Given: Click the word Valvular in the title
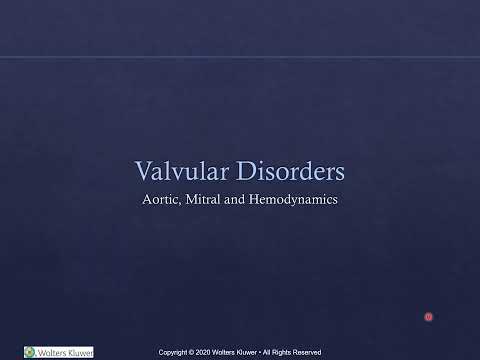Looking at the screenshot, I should [177, 171].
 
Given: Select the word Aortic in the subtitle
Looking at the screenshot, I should [164, 198].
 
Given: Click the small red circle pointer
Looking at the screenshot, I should [428, 317].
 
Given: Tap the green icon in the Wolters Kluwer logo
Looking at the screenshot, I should [29, 352].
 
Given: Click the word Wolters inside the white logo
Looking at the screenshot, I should [50, 352].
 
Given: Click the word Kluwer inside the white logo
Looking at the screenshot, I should [78, 352].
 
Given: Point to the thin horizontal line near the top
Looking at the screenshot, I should [240, 57].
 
